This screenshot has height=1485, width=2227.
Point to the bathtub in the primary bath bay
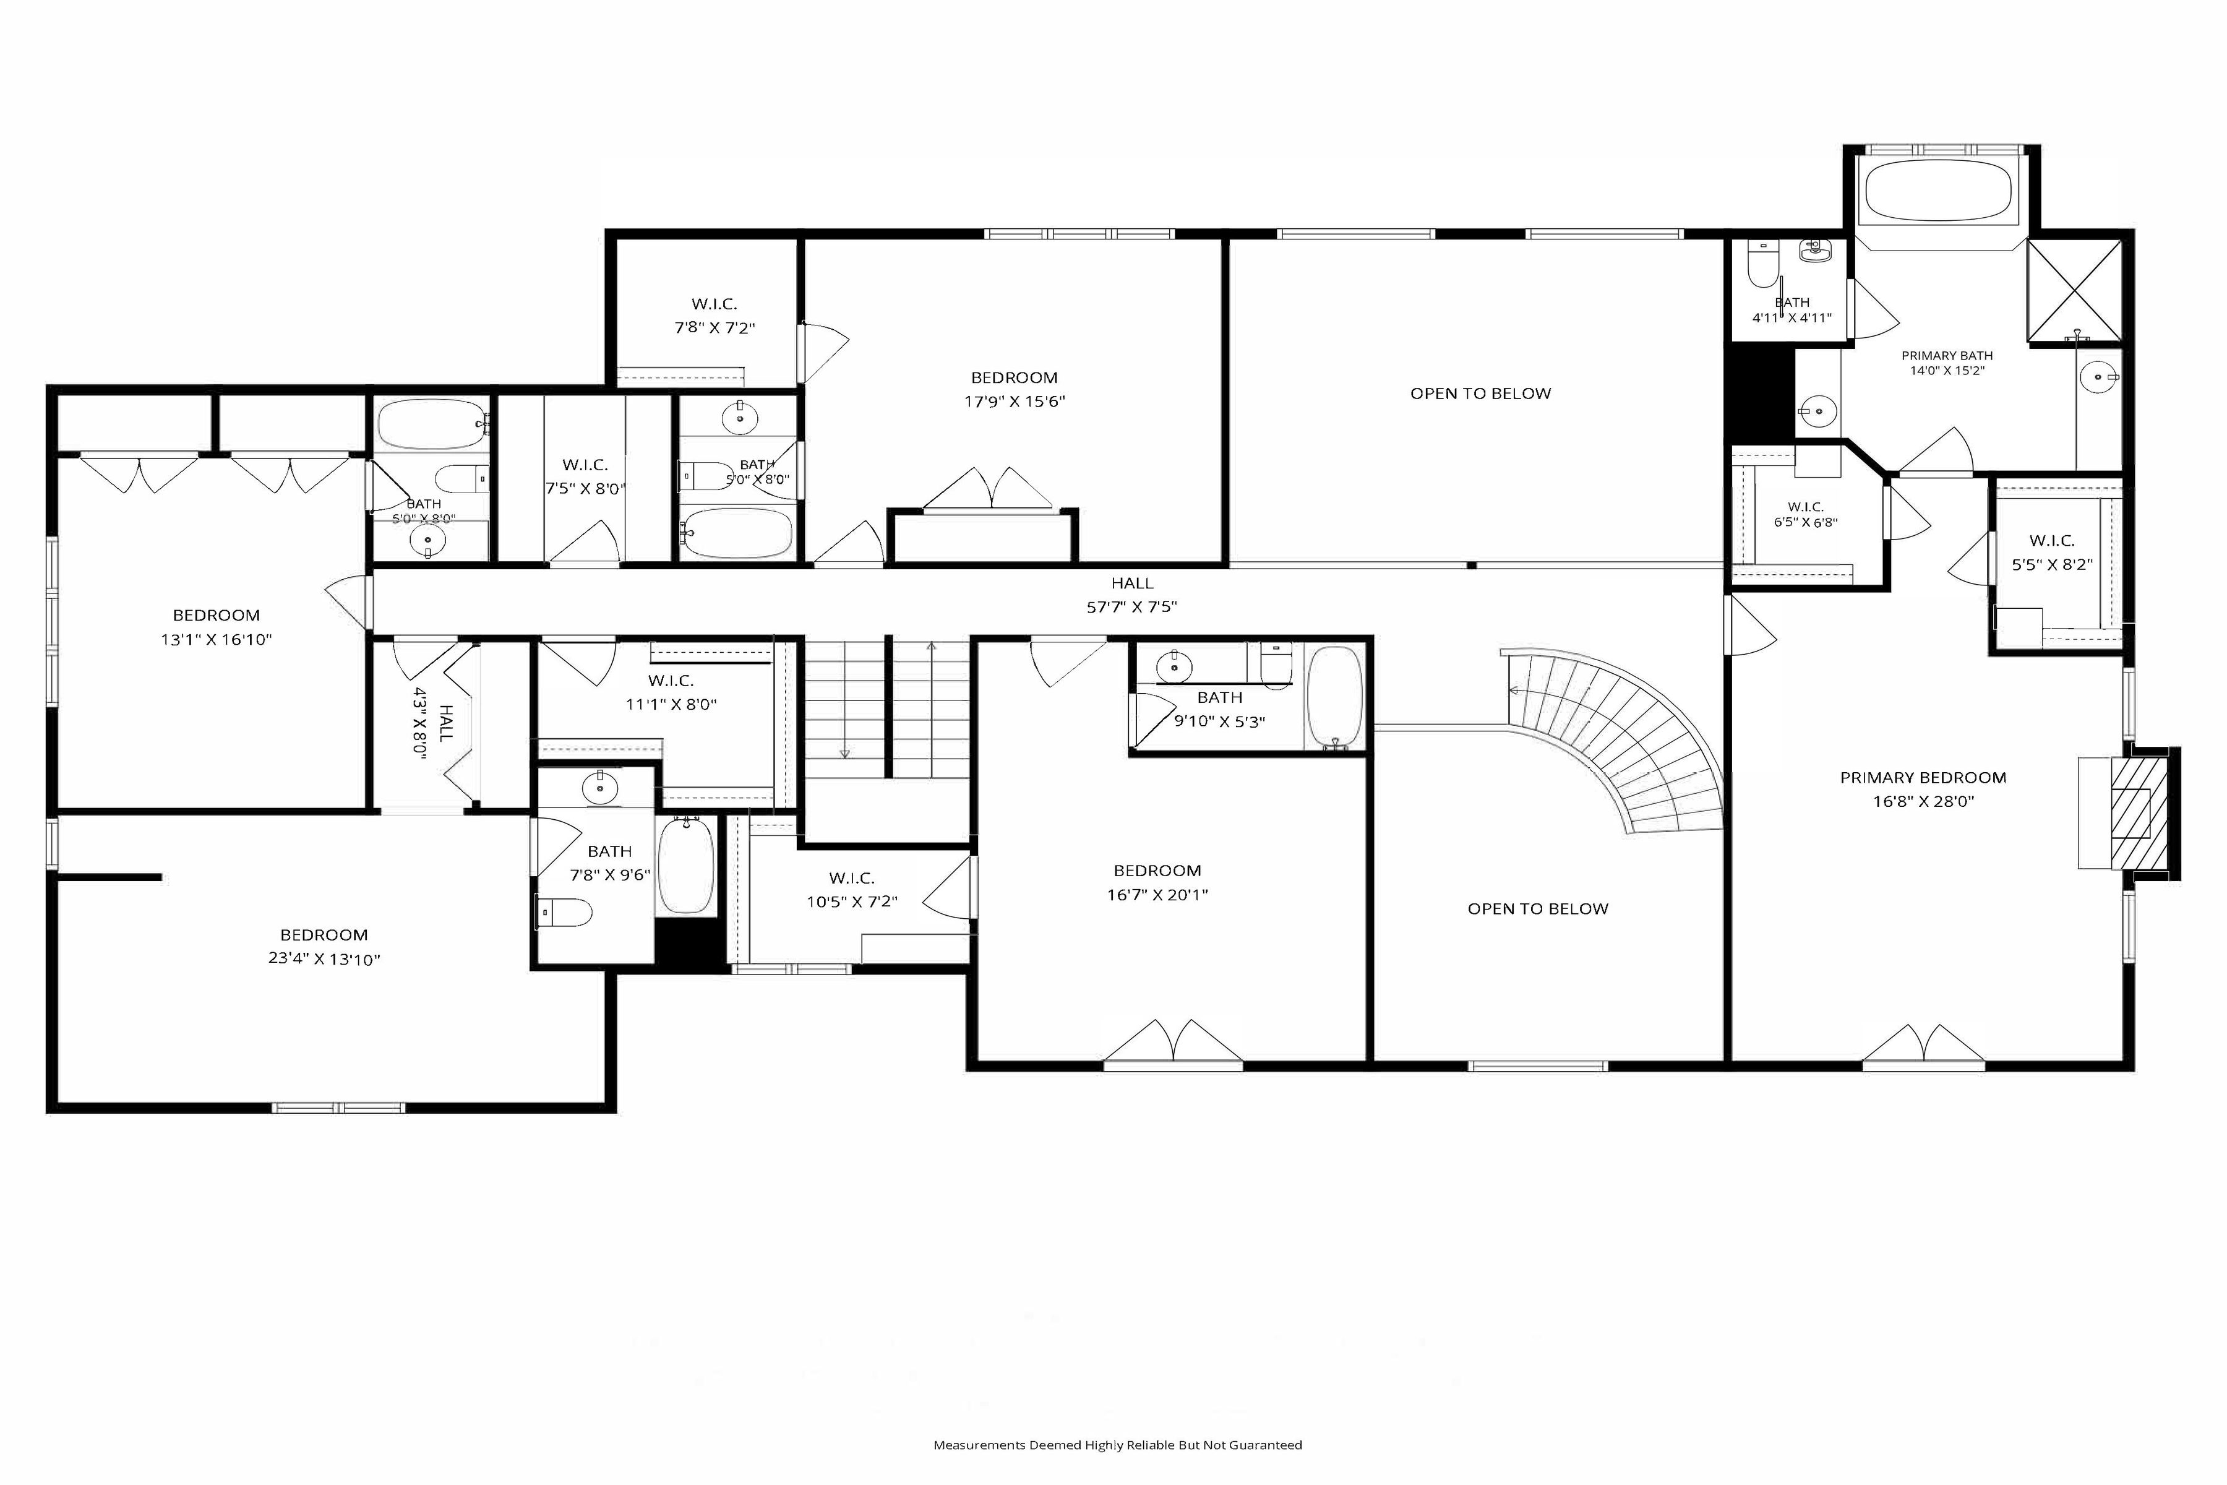click(1937, 191)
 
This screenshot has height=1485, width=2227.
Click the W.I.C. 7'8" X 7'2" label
click(714, 316)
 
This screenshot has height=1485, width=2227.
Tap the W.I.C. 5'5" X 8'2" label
click(2052, 552)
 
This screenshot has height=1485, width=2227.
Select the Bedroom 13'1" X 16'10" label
click(216, 627)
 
